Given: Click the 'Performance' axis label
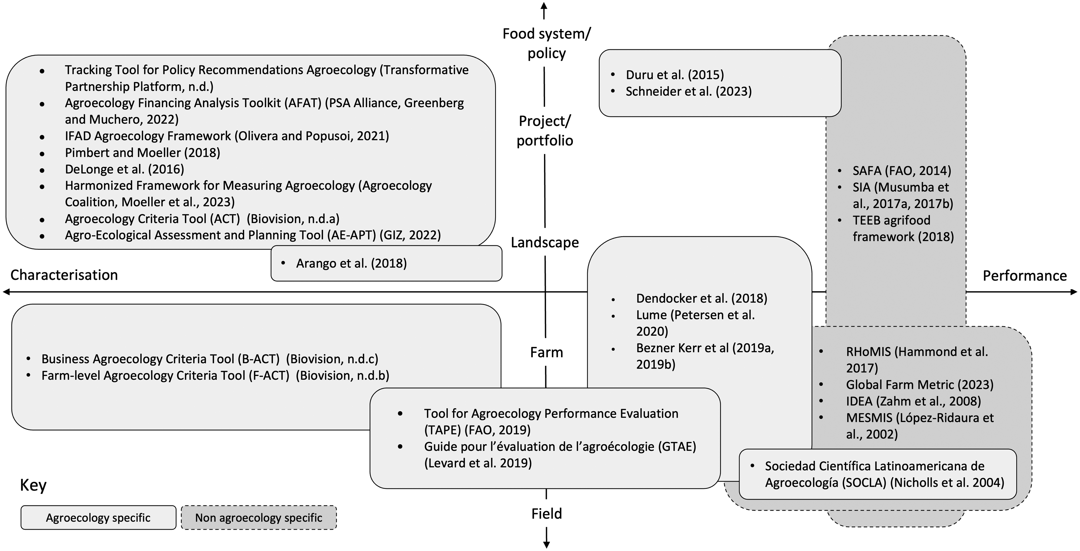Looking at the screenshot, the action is pyautogui.click(x=1025, y=276).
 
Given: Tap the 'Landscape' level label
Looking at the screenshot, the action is pyautogui.click(x=545, y=242).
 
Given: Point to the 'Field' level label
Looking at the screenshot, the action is pyautogui.click(x=546, y=513).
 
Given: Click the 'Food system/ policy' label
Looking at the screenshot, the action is pyautogui.click(x=546, y=43).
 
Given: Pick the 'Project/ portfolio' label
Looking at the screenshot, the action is pyautogui.click(x=545, y=130).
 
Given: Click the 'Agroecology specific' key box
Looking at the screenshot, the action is pyautogui.click(x=98, y=517).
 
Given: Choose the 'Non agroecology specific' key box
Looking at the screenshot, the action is pyautogui.click(x=259, y=517).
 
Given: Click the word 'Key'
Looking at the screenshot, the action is pyautogui.click(x=33, y=485).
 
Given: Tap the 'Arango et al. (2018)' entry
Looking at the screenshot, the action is pyautogui.click(x=351, y=263).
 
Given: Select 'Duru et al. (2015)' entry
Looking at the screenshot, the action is pyautogui.click(x=674, y=75).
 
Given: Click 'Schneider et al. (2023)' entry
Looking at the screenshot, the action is pyautogui.click(x=688, y=91).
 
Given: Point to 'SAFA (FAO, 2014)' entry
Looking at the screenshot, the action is pyautogui.click(x=902, y=171).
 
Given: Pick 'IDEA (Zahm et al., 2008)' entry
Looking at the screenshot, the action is pyautogui.click(x=914, y=401).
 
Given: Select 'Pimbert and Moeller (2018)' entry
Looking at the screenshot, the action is pyautogui.click(x=143, y=152).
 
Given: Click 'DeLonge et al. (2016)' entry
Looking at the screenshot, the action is pyautogui.click(x=124, y=169).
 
